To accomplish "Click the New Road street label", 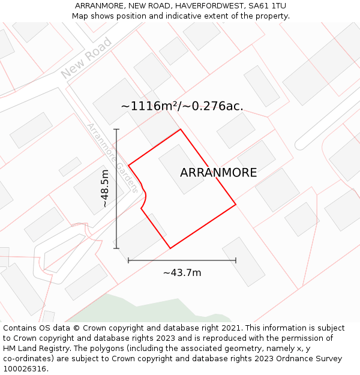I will click(x=87, y=58).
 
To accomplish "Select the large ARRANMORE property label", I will click(x=218, y=173).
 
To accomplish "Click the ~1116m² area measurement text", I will click(x=151, y=106).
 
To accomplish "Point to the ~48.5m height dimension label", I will click(x=105, y=188).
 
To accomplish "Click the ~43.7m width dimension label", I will click(x=182, y=273).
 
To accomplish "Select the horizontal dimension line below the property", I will click(x=182, y=260).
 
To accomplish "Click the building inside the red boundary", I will click(x=181, y=169).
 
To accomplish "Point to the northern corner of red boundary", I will click(x=181, y=129).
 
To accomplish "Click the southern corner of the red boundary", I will click(x=170, y=248).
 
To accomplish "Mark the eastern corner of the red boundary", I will click(x=236, y=205).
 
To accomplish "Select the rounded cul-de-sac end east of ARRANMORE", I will click(x=300, y=145).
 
